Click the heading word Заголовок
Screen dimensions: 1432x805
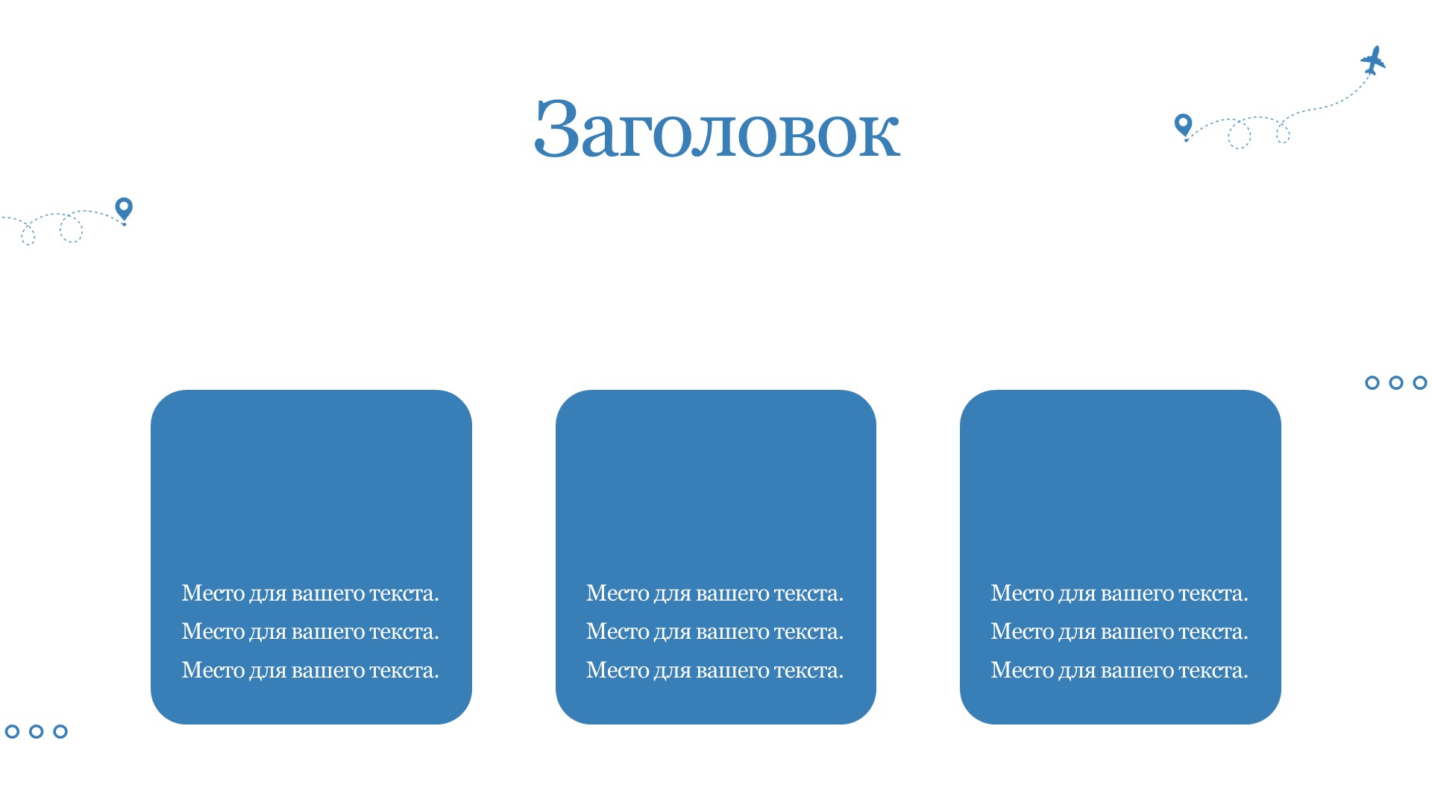coord(717,128)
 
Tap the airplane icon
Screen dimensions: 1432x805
coord(1373,60)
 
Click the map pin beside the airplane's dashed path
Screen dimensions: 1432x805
coord(1183,125)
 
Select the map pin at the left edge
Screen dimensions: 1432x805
coord(124,209)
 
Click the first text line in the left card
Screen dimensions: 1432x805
coord(310,593)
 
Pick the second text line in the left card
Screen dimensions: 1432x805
coord(310,632)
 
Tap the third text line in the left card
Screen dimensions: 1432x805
coord(310,671)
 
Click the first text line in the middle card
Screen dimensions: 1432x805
coord(715,593)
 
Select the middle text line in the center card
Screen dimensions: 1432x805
coord(715,632)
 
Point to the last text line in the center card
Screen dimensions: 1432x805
coord(715,671)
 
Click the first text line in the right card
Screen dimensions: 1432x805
coord(1119,593)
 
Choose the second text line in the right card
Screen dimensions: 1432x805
coord(1119,632)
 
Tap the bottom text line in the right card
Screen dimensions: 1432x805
coord(1119,671)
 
